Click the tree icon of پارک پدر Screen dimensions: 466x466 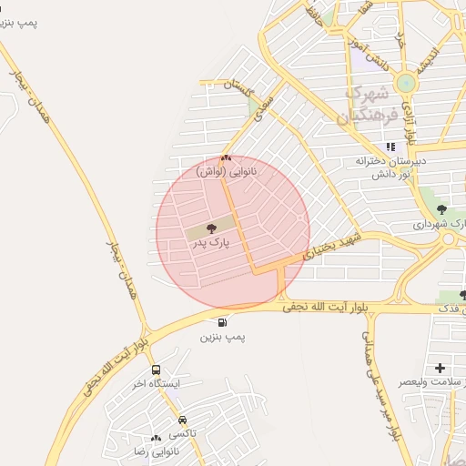[x=211, y=228]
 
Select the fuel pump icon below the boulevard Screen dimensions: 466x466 [x=223, y=322]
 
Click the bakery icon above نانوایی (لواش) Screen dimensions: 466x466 [x=226, y=157]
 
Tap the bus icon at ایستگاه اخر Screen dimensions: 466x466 [x=157, y=370]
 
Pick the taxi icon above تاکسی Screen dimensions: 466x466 [x=184, y=420]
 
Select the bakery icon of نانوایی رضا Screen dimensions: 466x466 [x=157, y=438]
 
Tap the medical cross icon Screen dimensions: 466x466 [x=441, y=368]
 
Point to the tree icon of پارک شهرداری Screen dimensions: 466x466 [x=442, y=210]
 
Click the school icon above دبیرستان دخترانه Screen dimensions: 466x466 [x=390, y=147]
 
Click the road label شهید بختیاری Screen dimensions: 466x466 [x=332, y=247]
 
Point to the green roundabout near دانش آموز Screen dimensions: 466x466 [x=405, y=84]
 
